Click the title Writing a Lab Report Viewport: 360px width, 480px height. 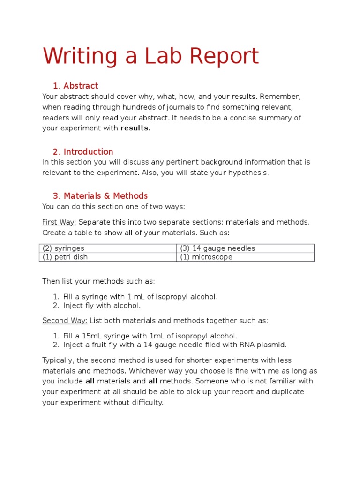click(x=150, y=56)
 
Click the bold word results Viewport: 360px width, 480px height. click(x=135, y=128)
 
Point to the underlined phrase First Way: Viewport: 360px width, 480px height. click(x=59, y=222)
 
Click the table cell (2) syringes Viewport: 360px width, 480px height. click(x=64, y=248)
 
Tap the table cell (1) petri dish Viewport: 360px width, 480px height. click(x=65, y=257)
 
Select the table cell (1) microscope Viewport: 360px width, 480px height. click(x=206, y=257)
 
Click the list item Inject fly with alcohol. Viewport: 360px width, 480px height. click(x=102, y=306)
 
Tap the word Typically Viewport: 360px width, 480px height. click(x=58, y=360)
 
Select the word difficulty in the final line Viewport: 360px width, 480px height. click(x=145, y=403)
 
